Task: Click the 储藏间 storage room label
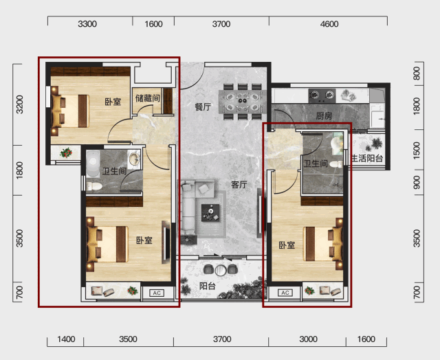(148, 98)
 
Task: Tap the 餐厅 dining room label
(203, 106)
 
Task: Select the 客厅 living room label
(239, 185)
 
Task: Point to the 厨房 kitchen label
(324, 116)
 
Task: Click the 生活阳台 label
(367, 159)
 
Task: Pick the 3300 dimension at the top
(87, 24)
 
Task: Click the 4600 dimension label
(329, 24)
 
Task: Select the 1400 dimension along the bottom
(66, 339)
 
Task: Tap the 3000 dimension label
(308, 339)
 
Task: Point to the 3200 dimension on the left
(20, 104)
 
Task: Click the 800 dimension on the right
(417, 74)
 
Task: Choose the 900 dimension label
(417, 182)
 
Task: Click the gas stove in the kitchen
(322, 95)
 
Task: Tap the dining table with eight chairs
(243, 102)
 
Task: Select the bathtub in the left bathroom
(93, 164)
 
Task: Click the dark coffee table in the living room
(210, 212)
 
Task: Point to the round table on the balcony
(221, 270)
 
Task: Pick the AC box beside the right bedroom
(285, 293)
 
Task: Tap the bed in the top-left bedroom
(70, 111)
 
